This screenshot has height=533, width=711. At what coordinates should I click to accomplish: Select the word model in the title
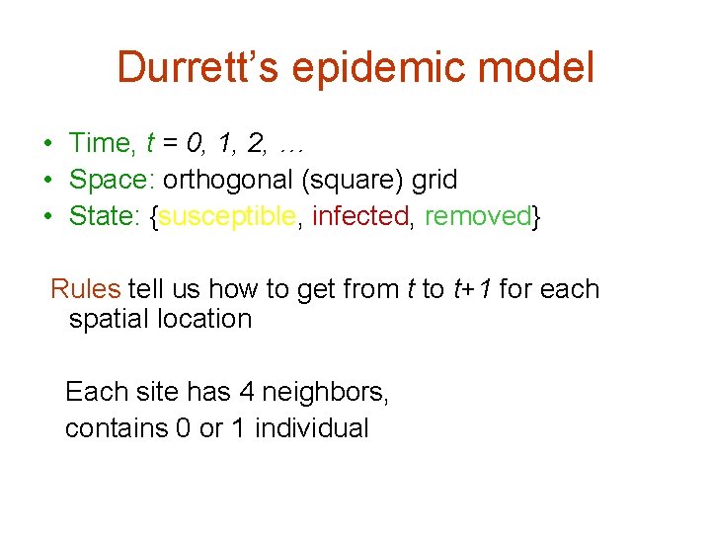click(x=537, y=68)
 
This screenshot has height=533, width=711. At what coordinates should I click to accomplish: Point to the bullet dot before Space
click(x=47, y=181)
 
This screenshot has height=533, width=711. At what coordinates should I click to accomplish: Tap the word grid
click(x=434, y=181)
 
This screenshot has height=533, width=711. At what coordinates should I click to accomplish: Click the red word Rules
click(x=85, y=289)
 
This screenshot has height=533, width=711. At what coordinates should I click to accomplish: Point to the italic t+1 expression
click(x=472, y=289)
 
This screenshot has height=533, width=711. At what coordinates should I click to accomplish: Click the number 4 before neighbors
click(x=247, y=392)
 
